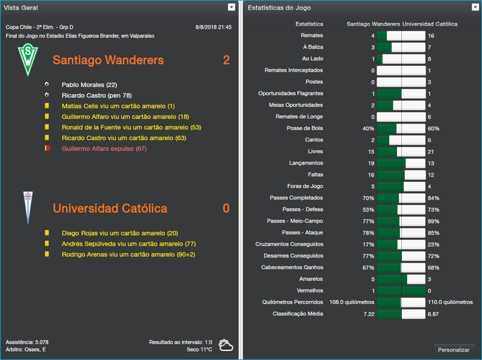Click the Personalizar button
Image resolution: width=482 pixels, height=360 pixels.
[454, 350]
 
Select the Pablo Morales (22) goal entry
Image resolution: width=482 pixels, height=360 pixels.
[89, 84]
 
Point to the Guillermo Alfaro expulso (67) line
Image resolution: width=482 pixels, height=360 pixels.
[104, 148]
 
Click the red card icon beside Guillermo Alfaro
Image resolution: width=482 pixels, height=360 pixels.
[46, 148]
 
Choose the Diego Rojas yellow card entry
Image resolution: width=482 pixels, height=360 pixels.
[120, 233]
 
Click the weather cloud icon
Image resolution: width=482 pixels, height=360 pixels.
[227, 345]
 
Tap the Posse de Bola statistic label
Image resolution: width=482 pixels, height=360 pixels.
[305, 128]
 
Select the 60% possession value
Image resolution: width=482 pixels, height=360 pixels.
[434, 128]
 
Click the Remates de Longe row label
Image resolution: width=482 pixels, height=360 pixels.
[299, 117]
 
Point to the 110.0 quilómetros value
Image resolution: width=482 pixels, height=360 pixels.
[450, 302]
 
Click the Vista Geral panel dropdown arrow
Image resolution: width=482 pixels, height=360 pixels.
[231, 7]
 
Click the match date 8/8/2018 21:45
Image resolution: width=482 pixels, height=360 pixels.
[213, 27]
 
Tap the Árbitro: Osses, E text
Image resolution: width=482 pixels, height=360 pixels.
[25, 350]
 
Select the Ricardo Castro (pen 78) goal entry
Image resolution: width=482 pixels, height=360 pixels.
[96, 95]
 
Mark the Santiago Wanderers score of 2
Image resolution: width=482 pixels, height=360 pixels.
[226, 60]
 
